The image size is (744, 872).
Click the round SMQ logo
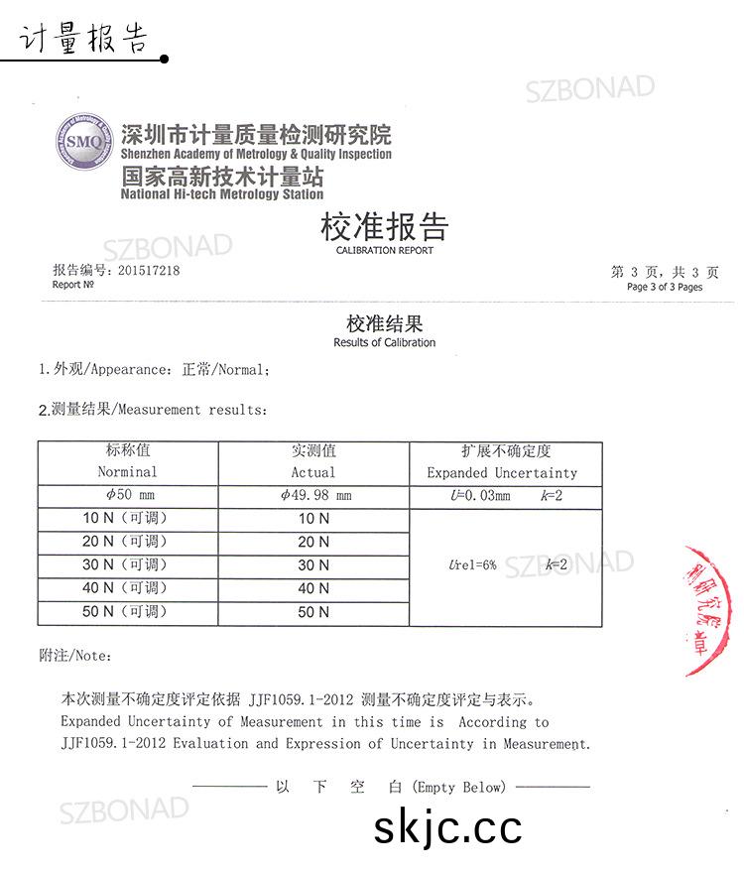coord(84,142)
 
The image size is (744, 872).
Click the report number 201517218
coord(149,270)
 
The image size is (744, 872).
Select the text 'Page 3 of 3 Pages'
coord(664,287)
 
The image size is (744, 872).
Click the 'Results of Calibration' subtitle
coord(384,342)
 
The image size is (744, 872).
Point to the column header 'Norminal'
coord(127,472)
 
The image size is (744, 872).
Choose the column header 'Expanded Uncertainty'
coord(501,473)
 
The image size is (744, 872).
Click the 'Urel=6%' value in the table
coord(472,565)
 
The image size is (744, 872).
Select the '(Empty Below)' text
coord(459,787)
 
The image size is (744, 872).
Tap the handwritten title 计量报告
coord(83,40)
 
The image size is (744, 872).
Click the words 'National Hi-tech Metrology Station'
coord(221,194)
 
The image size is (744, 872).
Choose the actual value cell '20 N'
coord(313,542)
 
